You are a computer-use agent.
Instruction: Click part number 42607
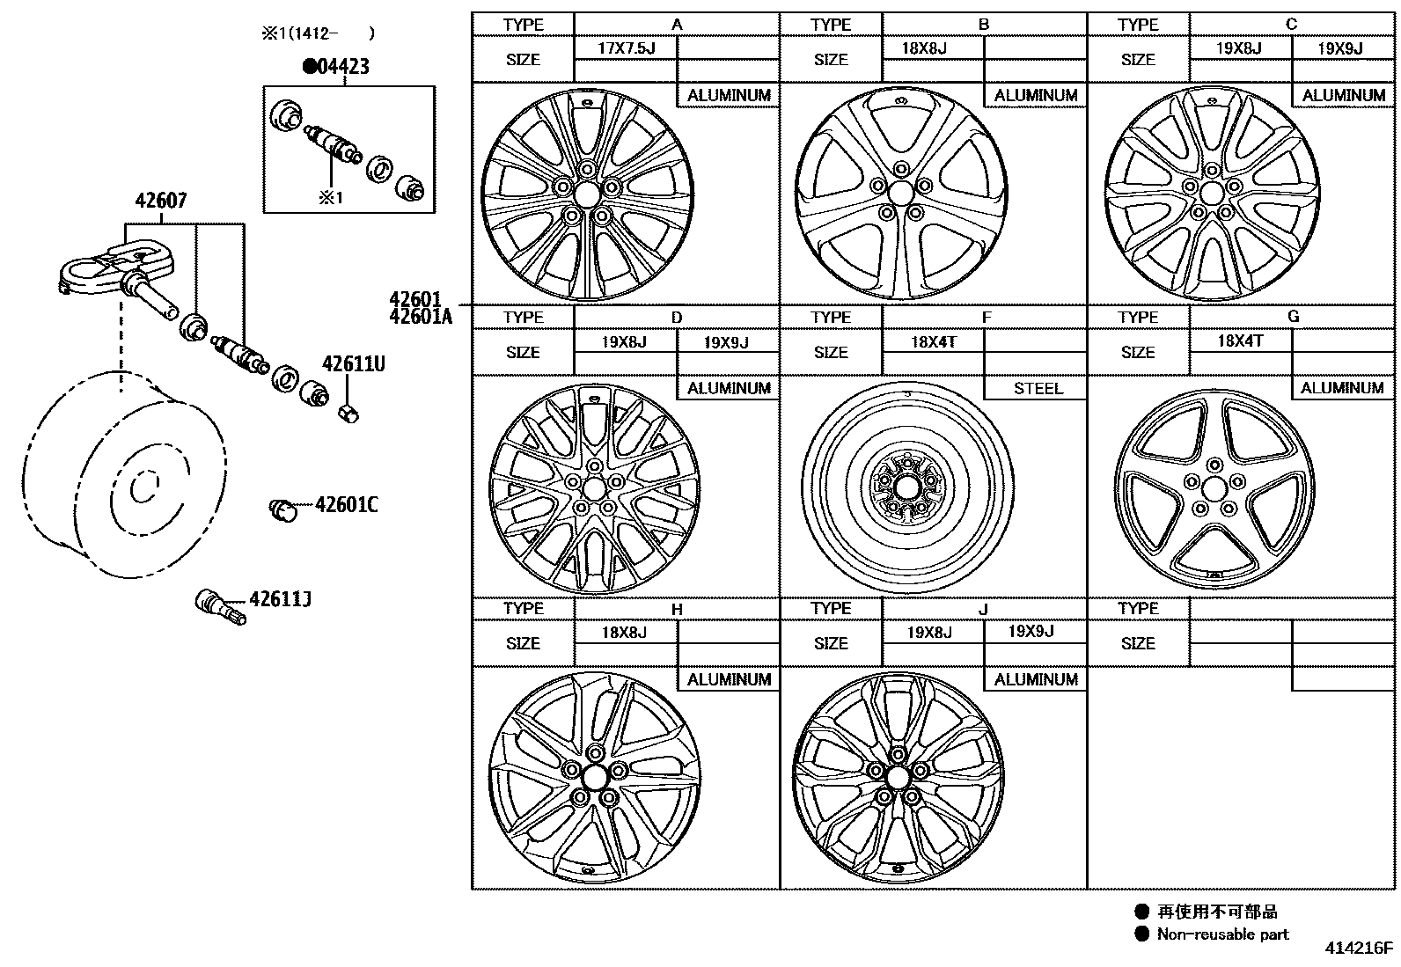point(160,201)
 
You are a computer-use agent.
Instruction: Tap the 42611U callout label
point(353,364)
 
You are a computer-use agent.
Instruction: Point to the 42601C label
point(346,505)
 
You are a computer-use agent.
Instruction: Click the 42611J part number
point(280,600)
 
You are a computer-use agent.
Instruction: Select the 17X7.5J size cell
point(626,48)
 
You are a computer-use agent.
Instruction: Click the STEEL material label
point(1038,388)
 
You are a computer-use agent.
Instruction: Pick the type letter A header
point(676,25)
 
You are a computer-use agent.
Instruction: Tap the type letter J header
point(983,609)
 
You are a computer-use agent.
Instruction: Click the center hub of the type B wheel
point(900,193)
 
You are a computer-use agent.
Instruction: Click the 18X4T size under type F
point(933,341)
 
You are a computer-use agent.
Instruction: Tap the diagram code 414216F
point(1360,949)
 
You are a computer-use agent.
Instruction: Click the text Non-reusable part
point(1222,934)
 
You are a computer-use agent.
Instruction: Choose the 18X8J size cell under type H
point(625,632)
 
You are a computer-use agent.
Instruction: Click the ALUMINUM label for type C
point(1343,95)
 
